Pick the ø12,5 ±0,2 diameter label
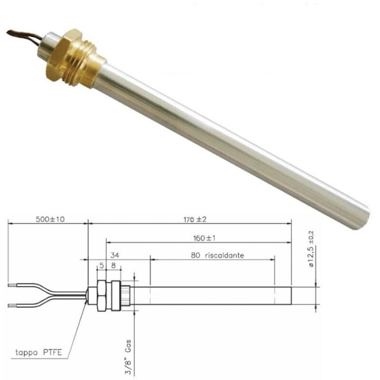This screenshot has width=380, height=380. click(x=312, y=248)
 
